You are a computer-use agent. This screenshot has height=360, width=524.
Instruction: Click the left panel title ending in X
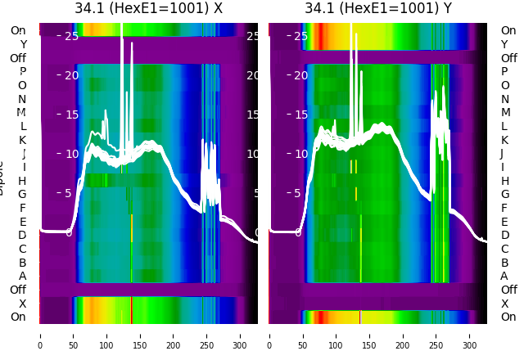(148, 8)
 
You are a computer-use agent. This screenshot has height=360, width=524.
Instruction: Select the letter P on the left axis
(22, 72)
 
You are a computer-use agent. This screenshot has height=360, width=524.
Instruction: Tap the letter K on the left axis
(22, 140)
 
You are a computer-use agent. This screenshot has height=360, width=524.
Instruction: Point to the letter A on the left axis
(22, 277)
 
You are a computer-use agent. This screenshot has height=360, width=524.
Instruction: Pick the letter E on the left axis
(22, 222)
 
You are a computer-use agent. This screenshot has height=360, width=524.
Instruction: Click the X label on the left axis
(22, 304)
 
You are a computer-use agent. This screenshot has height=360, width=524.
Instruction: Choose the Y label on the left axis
(22, 44)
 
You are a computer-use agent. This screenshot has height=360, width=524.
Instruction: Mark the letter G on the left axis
(22, 195)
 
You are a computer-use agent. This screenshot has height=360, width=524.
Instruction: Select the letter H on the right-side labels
(504, 181)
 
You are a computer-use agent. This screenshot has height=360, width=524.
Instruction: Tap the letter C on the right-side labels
(504, 249)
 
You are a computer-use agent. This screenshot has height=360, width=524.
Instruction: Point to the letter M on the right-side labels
(504, 113)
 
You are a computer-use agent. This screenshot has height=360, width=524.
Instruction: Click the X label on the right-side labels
(504, 304)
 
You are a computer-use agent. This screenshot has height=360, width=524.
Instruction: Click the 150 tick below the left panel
(140, 335)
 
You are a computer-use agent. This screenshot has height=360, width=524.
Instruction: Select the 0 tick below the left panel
(40, 335)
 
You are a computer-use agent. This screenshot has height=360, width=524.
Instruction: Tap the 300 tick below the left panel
(241, 335)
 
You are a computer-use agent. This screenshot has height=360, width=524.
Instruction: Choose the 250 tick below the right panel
(437, 335)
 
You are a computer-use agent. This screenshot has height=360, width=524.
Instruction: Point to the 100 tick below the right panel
(337, 335)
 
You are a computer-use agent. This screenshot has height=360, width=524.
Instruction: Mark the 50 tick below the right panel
(303, 335)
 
